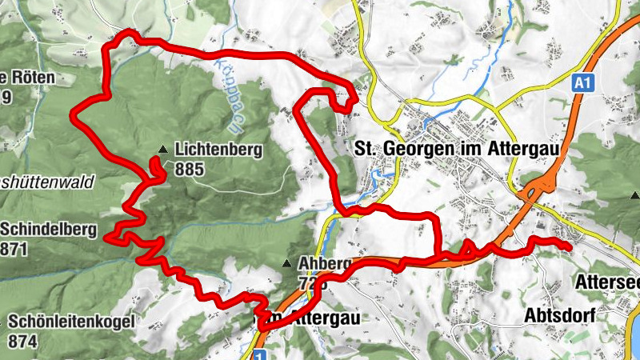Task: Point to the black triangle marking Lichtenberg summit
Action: [x=163, y=149]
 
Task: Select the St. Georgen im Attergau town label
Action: [x=454, y=149]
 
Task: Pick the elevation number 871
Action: [x=14, y=249]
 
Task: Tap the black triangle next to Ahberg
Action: [x=287, y=263]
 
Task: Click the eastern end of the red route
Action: [x=569, y=248]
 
